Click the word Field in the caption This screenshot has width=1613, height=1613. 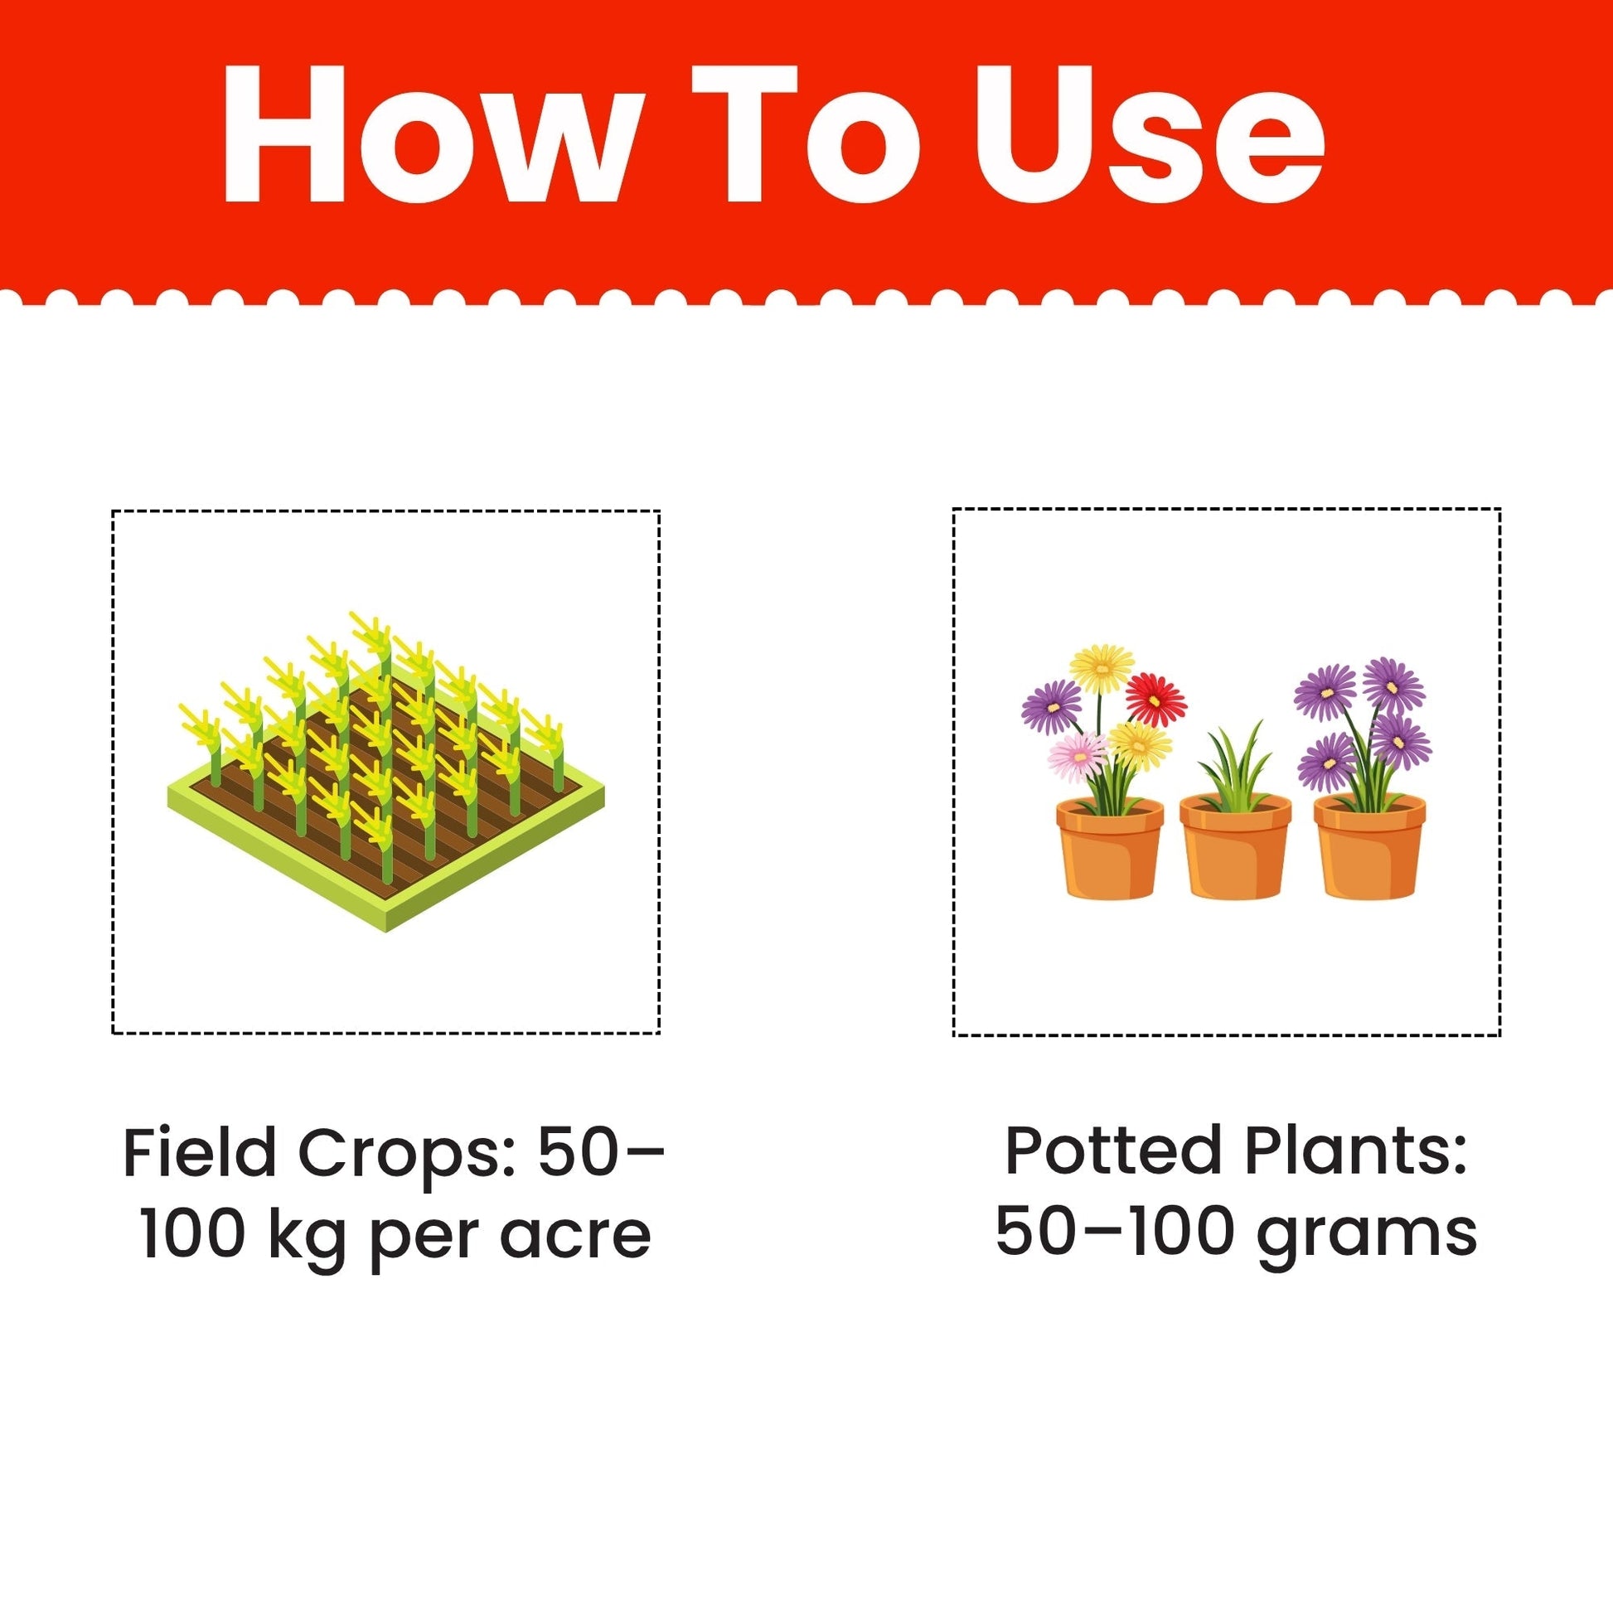click(199, 1153)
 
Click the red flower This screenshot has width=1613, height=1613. click(1155, 699)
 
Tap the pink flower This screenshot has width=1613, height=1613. click(1079, 757)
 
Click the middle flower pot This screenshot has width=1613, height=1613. click(1236, 845)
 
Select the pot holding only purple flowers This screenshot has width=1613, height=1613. click(1370, 845)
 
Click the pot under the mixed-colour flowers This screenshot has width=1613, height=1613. click(1110, 847)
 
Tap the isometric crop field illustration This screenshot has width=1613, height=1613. click(385, 772)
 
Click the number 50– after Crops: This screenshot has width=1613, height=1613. click(601, 1153)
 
